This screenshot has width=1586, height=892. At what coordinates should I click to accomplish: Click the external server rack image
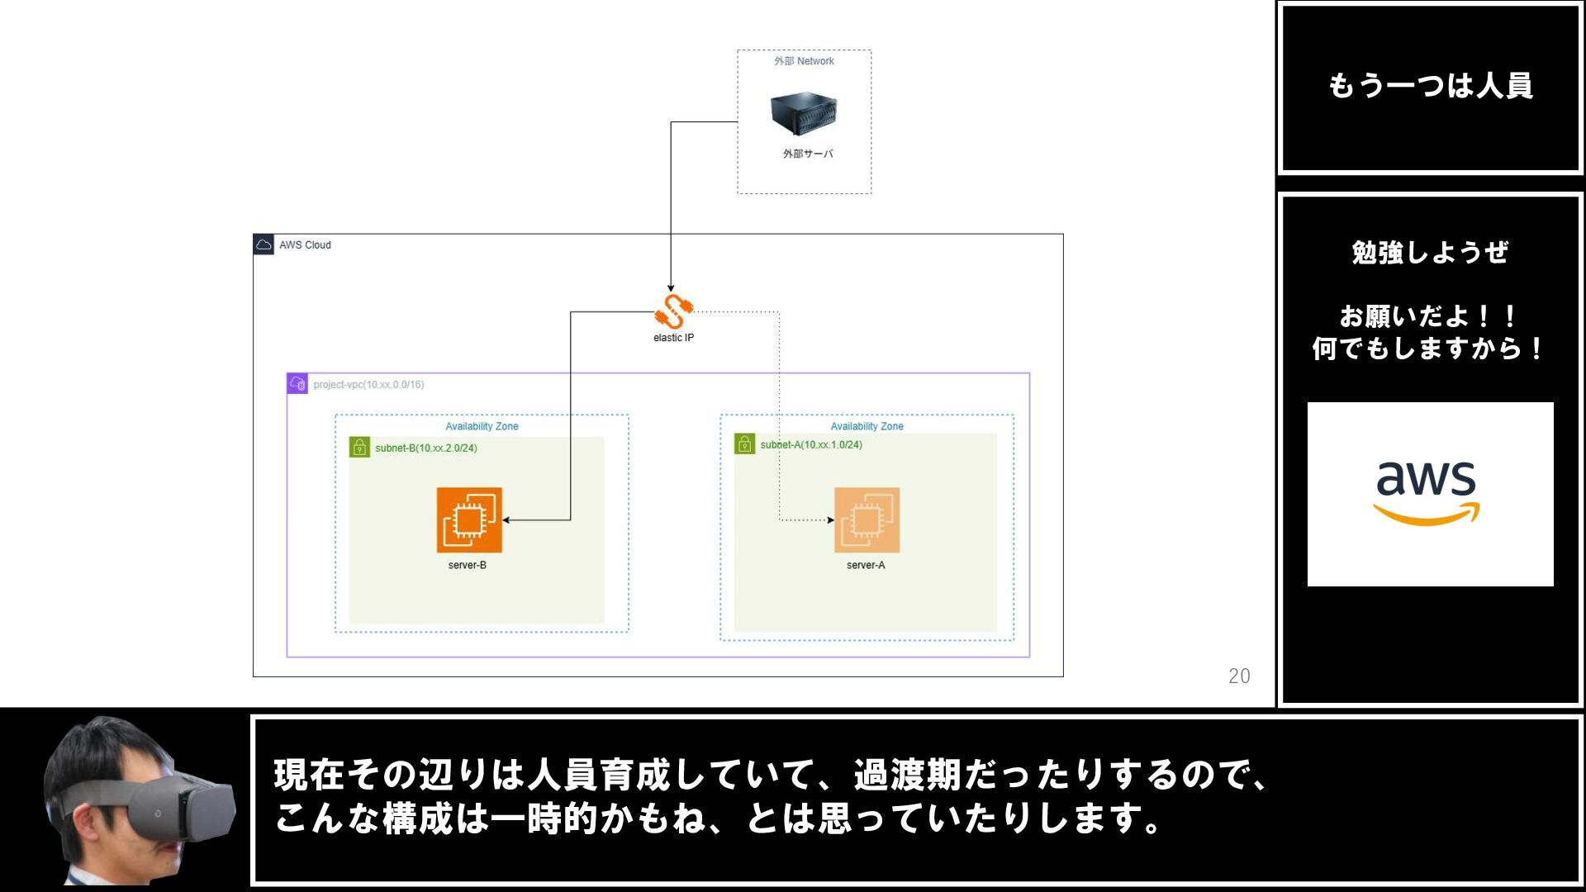coord(803,114)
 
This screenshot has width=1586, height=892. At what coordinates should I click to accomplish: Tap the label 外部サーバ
coord(807,154)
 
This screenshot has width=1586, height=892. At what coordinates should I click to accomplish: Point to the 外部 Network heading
coord(804,61)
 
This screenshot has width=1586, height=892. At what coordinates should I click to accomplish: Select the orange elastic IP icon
coord(673,312)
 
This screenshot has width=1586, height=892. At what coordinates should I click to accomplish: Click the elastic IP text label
coord(673,338)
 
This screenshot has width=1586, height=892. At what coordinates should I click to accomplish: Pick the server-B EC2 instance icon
coord(469,520)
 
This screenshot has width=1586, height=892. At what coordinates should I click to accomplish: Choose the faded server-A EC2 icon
coord(867,520)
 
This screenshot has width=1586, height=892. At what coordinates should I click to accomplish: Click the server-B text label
coord(467,565)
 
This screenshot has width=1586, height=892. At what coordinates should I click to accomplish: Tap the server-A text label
coord(865,565)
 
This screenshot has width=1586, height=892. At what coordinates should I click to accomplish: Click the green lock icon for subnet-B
coord(359,447)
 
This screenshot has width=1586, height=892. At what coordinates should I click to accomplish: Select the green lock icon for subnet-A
coord(744,444)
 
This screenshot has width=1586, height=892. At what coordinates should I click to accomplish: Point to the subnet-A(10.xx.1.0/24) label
coord(810,444)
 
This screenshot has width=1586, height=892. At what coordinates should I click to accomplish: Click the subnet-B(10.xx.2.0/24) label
coord(425,448)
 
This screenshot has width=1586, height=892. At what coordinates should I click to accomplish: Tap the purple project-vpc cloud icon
coord(297,383)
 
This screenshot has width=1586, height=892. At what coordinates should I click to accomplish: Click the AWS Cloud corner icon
coord(264,244)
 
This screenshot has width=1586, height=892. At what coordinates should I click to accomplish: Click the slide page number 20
coord(1238,676)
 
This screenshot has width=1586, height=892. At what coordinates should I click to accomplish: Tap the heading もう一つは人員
coord(1430,86)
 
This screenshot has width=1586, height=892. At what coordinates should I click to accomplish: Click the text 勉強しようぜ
coord(1430,252)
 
